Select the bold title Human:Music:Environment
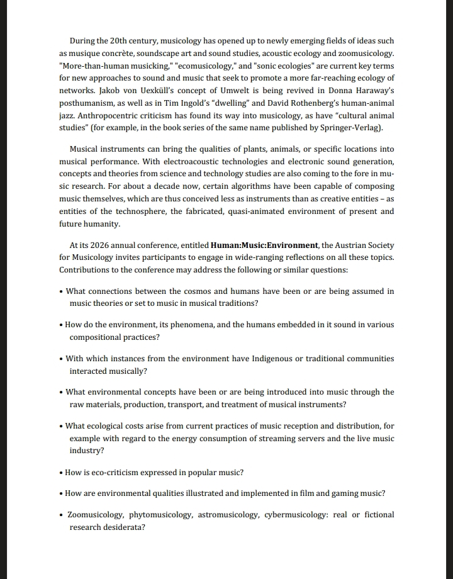264,245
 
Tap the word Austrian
351,245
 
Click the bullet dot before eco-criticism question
61,473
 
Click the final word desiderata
122,527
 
